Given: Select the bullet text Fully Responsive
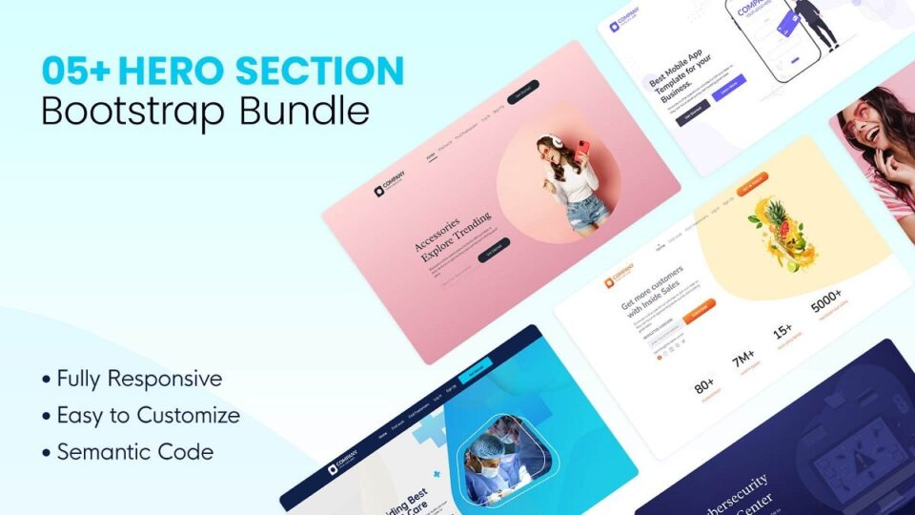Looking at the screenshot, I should coord(139,379).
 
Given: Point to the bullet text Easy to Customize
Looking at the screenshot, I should coord(148,415).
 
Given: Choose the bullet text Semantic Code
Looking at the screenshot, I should coord(134,451).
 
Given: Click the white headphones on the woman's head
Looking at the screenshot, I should coord(544,141).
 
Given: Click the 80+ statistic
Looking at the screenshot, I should coord(705,385).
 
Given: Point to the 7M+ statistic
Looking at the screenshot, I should coord(743,359).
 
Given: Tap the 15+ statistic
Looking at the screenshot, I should coord(783,332).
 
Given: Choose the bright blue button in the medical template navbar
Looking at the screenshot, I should coord(475,366).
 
